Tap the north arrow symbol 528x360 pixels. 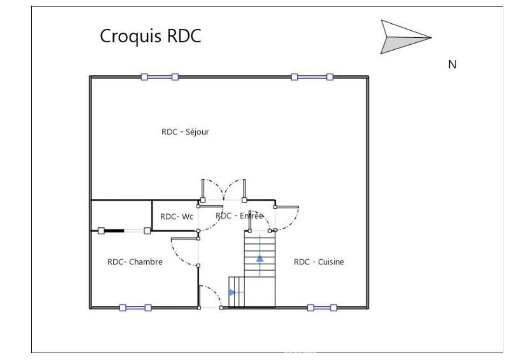point(404,37)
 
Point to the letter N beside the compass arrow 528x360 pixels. point(452,65)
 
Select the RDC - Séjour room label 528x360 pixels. point(185,132)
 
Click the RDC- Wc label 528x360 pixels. point(176,217)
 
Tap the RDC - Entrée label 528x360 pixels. point(240,216)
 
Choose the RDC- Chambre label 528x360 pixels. point(135,262)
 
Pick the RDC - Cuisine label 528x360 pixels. point(318,262)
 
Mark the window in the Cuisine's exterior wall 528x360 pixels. point(322,307)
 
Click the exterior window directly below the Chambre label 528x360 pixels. point(135,307)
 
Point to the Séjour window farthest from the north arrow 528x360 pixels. point(159,77)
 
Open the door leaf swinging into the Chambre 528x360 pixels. point(185,239)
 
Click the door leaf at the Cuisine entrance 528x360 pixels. point(288,206)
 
